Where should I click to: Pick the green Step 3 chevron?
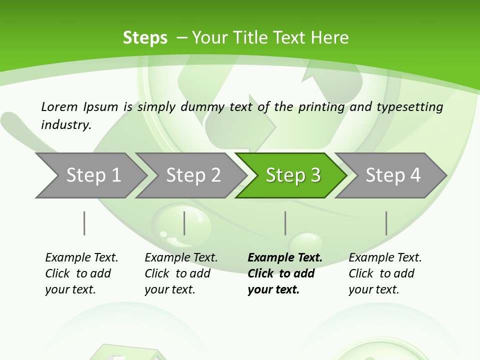tap(292, 175)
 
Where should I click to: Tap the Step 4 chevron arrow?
tap(392, 175)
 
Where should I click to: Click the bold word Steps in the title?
tap(145, 37)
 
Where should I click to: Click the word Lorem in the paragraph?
tap(59, 106)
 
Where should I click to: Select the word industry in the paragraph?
tap(65, 124)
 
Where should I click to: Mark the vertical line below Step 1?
tap(84, 223)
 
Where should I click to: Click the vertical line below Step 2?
tap(184, 223)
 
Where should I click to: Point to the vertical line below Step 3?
tap(285, 223)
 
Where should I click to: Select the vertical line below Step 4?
tap(386, 223)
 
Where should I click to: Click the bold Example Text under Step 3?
tap(285, 257)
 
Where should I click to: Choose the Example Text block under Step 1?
tap(81, 273)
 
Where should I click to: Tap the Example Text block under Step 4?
tap(385, 273)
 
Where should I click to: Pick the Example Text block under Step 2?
tap(181, 273)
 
